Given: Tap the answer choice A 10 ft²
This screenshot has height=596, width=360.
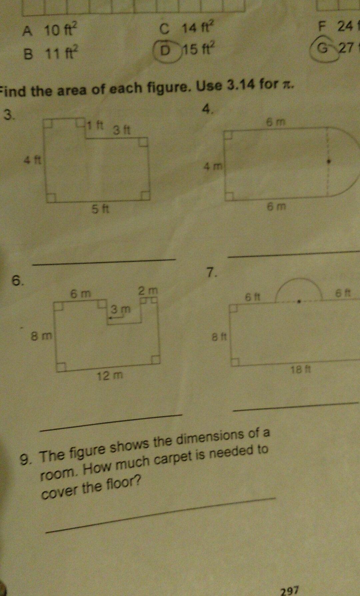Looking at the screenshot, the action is (50, 31).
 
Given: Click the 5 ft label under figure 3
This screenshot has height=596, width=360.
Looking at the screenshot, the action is (100, 209).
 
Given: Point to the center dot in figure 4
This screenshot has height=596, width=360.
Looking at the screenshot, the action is (329, 162).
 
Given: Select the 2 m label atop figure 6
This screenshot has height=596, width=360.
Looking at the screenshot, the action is (148, 291).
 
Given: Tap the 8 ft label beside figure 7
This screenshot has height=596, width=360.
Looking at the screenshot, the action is (219, 337).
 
